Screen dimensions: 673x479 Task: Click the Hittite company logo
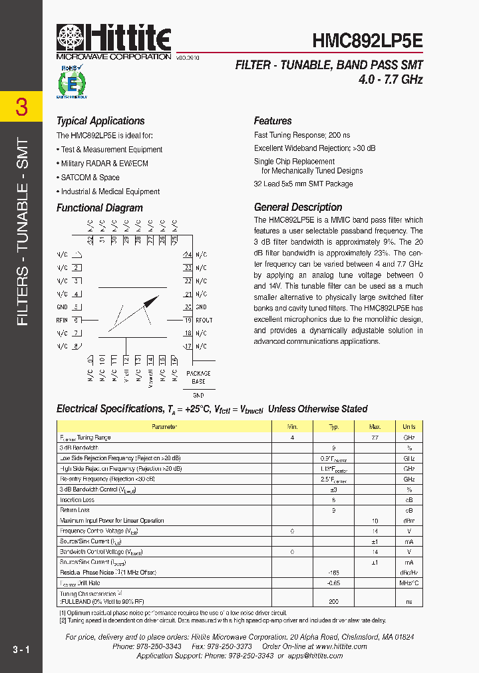point(114,39)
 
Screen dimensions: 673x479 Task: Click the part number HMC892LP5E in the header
point(367,41)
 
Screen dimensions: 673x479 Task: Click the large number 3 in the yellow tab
point(21,107)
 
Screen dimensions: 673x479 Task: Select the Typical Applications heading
point(100,121)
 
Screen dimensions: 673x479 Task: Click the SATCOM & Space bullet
point(90,178)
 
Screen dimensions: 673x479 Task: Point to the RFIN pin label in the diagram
point(62,320)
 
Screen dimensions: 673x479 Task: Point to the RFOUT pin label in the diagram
point(204,320)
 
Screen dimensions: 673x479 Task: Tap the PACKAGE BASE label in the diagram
point(198,378)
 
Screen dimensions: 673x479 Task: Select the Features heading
point(273,121)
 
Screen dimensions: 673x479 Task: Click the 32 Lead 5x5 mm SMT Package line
point(303,184)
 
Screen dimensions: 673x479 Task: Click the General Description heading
point(298,207)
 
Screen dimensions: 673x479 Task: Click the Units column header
point(408,427)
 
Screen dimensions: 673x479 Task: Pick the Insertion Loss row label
point(77,500)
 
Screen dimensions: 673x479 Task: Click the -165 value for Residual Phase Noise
point(334,572)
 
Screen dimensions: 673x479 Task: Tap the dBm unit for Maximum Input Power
point(408,521)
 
